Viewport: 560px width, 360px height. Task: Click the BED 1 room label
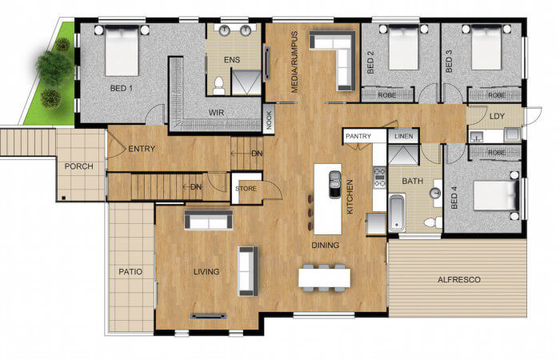click(122, 88)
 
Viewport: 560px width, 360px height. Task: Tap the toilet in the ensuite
click(218, 86)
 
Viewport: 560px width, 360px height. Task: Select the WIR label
click(217, 113)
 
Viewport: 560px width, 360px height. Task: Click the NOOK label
click(269, 119)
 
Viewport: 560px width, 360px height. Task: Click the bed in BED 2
click(403, 47)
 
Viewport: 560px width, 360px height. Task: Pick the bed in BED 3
click(486, 47)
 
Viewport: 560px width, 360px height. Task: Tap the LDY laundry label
click(497, 116)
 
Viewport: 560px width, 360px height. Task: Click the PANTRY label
click(358, 136)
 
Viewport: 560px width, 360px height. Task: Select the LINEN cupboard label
click(403, 136)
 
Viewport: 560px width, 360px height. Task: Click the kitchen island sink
click(335, 184)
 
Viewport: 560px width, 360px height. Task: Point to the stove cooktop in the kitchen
click(379, 178)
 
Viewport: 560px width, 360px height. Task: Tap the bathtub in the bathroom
click(397, 213)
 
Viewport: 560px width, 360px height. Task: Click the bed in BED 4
click(496, 196)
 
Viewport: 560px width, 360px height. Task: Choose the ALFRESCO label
click(459, 280)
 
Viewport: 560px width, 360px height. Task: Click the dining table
click(324, 278)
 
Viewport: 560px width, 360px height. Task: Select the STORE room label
click(246, 189)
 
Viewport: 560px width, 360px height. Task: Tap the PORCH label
click(78, 166)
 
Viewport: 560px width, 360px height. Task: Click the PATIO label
click(130, 272)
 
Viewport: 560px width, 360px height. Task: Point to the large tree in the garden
click(54, 68)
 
